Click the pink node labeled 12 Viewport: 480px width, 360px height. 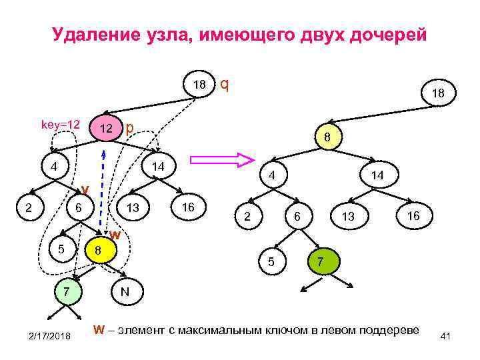point(105,128)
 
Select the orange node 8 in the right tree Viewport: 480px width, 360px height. point(327,138)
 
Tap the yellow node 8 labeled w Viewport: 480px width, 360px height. point(99,251)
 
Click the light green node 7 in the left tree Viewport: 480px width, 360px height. point(66,292)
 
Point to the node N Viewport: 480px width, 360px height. point(125,292)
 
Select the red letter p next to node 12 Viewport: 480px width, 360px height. point(130,127)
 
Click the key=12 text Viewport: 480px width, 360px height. point(61,125)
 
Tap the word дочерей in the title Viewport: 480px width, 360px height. point(389,35)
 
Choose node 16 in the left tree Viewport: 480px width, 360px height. point(188,207)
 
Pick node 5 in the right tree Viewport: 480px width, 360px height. point(271,261)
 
